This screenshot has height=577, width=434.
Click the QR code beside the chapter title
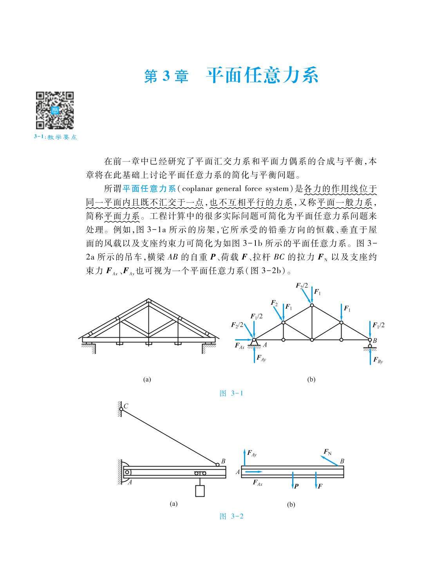point(55,111)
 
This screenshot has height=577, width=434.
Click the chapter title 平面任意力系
point(262,76)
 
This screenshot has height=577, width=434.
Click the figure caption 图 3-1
point(232,393)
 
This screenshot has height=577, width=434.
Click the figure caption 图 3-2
point(232,516)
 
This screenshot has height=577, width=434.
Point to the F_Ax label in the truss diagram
point(240,345)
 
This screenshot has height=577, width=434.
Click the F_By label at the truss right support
point(378,360)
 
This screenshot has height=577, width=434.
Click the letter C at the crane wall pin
point(126,406)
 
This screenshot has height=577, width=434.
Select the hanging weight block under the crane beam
point(200,491)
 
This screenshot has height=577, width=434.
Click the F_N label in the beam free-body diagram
point(327,452)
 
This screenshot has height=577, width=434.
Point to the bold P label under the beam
point(297,487)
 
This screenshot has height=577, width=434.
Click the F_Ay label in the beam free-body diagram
point(251,454)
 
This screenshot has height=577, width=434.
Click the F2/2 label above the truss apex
point(302,286)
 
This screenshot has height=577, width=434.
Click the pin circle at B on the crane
point(217,465)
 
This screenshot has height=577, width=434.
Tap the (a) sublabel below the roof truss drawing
point(147,379)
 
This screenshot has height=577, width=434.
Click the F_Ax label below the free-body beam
point(257,483)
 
